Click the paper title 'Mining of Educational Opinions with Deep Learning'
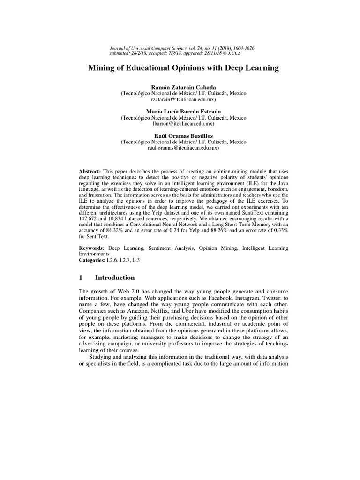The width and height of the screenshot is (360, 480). pos(183,68)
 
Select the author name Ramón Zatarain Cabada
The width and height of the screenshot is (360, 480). pos(183,88)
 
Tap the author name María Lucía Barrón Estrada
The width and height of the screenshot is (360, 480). pos(183,112)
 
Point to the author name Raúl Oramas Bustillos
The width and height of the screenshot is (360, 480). pos(183,135)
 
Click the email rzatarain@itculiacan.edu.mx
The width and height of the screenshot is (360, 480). pos(183,100)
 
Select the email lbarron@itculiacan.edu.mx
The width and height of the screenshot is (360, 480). pos(183,124)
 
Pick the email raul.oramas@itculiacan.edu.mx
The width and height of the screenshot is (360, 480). pos(183,148)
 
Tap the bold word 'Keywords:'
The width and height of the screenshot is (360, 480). pos(91,247)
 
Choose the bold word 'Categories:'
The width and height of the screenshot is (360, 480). pos(93,259)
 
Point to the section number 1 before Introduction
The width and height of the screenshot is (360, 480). pos(81,277)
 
